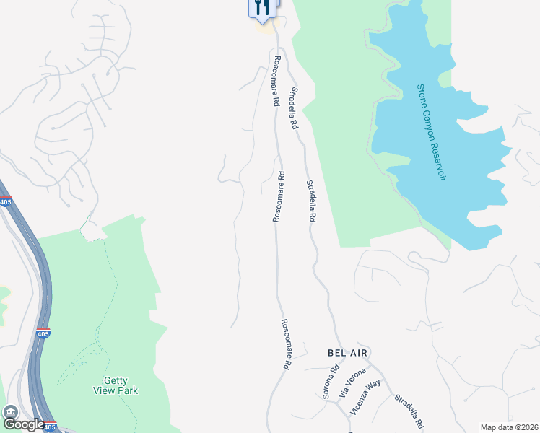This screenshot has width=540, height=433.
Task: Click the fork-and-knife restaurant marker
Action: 262,7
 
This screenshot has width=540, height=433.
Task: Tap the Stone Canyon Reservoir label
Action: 432,132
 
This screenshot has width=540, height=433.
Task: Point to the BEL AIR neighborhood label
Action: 348,352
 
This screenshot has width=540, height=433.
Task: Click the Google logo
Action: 23,424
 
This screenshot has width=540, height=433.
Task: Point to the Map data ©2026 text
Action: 509,427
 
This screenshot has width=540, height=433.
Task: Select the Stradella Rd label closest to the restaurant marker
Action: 294,108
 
